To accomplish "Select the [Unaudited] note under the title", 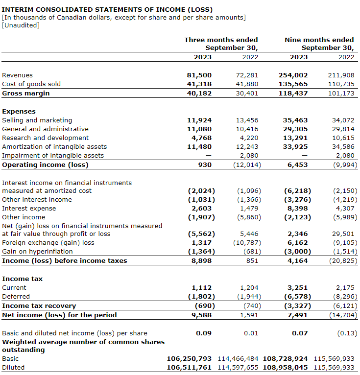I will coord(21,25).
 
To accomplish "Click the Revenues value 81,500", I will coord(199,75).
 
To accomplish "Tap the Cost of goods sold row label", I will coord(31,84).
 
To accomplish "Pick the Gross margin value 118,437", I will coord(295,93).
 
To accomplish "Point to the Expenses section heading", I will coord(19,112).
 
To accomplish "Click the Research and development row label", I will coord(46,138).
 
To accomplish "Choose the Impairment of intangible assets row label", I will coord(53,156).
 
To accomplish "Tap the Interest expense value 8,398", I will coord(298,209).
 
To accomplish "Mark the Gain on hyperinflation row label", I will coord(37,252).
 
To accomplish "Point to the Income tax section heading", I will coord(22,279).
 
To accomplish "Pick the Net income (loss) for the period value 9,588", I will coord(201,315).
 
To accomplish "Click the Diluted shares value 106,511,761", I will coord(189,368).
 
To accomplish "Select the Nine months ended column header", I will coord(319,40).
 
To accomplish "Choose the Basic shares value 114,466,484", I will coord(237,359).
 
